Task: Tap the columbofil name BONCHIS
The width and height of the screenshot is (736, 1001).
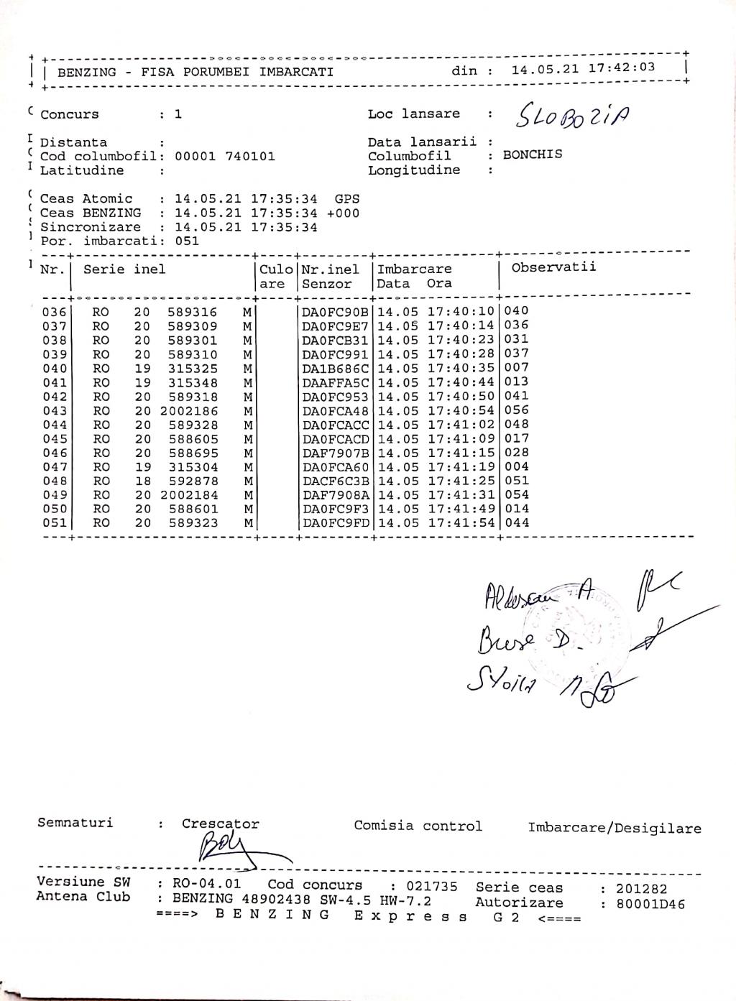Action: click(x=533, y=154)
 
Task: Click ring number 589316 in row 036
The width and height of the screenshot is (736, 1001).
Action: click(x=193, y=312)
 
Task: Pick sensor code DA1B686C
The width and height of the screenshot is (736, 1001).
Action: click(x=335, y=369)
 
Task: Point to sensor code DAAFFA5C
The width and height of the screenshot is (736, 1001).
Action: click(x=335, y=383)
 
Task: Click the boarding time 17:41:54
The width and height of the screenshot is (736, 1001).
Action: click(x=461, y=523)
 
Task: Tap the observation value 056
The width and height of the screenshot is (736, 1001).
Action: click(x=517, y=410)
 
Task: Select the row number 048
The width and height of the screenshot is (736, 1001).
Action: click(x=55, y=481)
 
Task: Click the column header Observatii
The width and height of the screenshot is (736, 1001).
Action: click(x=553, y=268)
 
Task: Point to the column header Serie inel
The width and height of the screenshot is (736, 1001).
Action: click(x=124, y=269)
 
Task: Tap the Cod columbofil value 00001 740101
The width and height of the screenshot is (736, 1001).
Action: click(x=225, y=157)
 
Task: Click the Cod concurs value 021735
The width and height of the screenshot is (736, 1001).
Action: click(x=432, y=887)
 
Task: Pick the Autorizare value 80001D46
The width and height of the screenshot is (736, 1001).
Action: click(x=651, y=904)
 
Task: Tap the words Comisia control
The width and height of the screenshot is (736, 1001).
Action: click(x=418, y=826)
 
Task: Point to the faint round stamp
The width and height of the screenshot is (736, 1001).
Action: click(x=589, y=625)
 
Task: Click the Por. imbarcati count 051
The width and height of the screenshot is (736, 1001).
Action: click(x=187, y=241)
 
